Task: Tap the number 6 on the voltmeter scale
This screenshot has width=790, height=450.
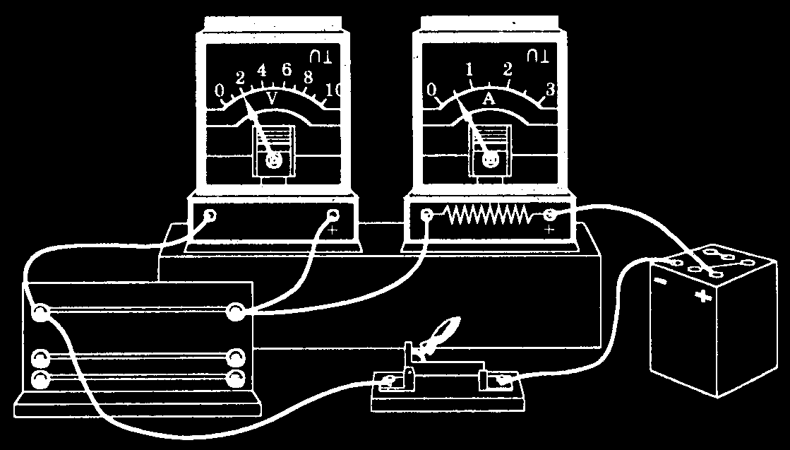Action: pyautogui.click(x=287, y=70)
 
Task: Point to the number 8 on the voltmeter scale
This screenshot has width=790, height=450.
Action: pyautogui.click(x=309, y=77)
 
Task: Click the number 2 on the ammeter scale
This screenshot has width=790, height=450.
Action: pyautogui.click(x=507, y=70)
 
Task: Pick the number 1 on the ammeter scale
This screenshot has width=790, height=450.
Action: pyautogui.click(x=468, y=69)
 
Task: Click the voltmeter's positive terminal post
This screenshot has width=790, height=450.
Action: pyautogui.click(x=333, y=215)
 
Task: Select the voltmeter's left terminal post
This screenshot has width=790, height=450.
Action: pyautogui.click(x=210, y=215)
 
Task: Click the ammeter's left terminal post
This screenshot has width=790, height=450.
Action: pyautogui.click(x=426, y=215)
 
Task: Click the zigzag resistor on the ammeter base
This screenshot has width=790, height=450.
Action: pyautogui.click(x=487, y=215)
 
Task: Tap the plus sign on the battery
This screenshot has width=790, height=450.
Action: pyautogui.click(x=703, y=296)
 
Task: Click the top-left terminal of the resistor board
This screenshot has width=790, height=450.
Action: pyautogui.click(x=41, y=312)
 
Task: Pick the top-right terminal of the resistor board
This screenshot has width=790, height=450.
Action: pyautogui.click(x=234, y=312)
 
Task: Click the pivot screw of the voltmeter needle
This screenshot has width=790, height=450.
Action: pyautogui.click(x=273, y=162)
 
